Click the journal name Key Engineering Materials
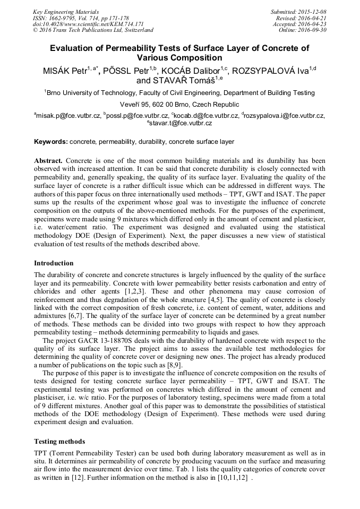point(65,12)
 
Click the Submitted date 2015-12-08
point(312,12)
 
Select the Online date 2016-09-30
point(313,30)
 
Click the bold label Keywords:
point(51,142)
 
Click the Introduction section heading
point(54,263)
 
